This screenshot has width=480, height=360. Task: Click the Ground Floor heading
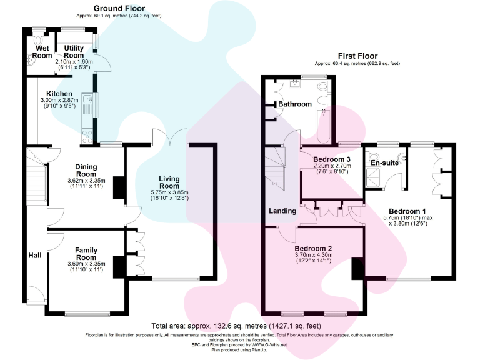pos(116,7)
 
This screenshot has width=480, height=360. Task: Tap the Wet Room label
pos(43,52)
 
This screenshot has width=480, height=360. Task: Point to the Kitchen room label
pos(51,94)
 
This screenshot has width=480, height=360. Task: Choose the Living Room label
pos(169,182)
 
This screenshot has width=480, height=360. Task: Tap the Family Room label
pos(86,254)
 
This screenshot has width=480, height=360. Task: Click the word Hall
pos(34,256)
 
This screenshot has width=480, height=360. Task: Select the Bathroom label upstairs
pos(295,104)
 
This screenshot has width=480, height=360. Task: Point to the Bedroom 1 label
pos(407,211)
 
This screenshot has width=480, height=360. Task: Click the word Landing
pos(282,211)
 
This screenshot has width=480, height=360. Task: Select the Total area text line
pos(236,326)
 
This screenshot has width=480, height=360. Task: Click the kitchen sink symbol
pos(87,100)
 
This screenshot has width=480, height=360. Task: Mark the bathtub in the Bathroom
pos(324,125)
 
